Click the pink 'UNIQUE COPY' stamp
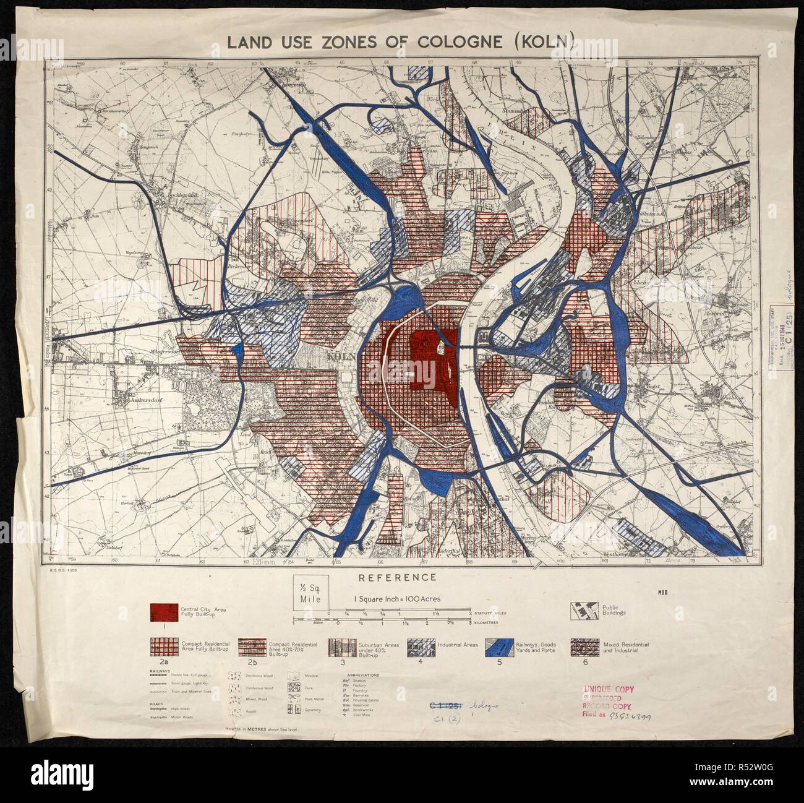point(608,688)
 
